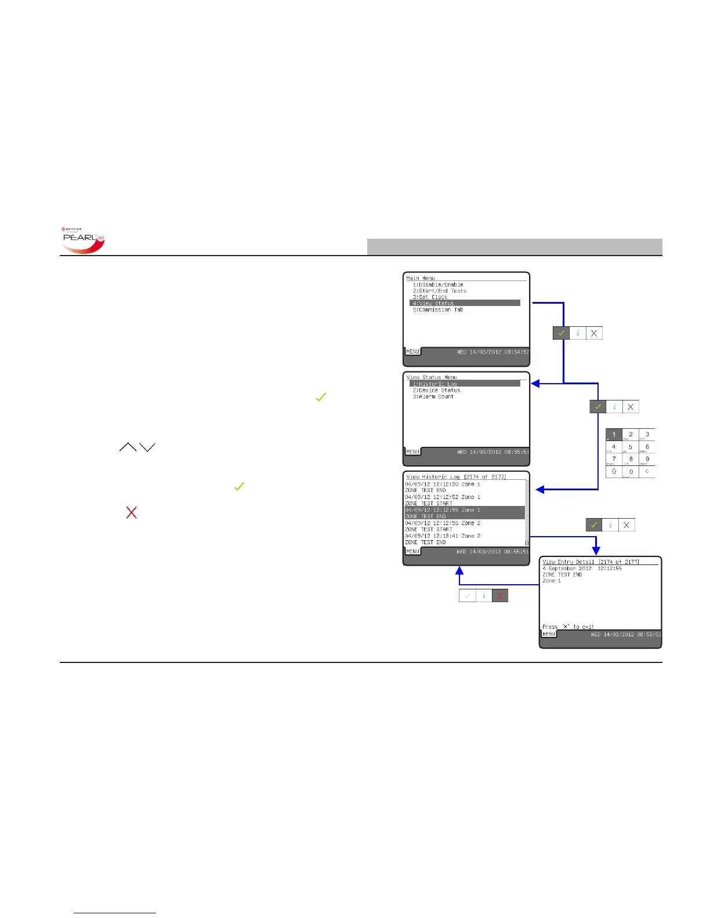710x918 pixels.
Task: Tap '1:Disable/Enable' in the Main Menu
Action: point(438,285)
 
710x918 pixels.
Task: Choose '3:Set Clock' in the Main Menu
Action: point(430,297)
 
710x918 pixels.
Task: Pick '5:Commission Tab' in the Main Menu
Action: point(438,309)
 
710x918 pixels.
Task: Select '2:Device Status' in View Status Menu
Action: point(436,390)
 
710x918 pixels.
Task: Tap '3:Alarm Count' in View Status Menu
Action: point(433,396)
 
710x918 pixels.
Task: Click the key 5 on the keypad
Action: point(631,447)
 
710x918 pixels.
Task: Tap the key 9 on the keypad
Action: point(647,460)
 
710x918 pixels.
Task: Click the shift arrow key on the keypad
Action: point(614,472)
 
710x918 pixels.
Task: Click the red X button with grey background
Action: point(500,595)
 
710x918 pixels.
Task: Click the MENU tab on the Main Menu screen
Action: point(412,352)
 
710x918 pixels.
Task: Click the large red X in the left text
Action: point(132,512)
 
